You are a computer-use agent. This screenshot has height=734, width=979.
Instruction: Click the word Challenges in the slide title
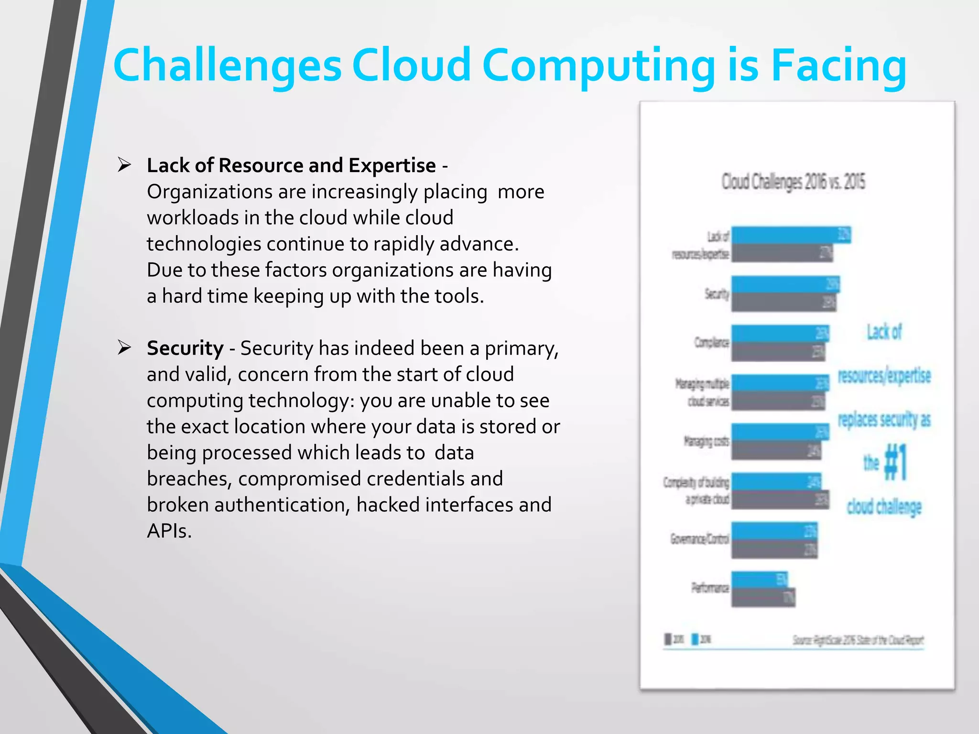pyautogui.click(x=228, y=65)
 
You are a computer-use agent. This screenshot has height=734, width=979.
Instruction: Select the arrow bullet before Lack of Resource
pyautogui.click(x=124, y=165)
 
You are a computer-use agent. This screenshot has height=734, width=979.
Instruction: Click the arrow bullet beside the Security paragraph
pyautogui.click(x=124, y=348)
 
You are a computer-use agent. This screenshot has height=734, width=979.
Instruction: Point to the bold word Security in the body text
pyautogui.click(x=185, y=348)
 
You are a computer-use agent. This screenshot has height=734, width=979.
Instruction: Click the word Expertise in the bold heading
pyautogui.click(x=392, y=166)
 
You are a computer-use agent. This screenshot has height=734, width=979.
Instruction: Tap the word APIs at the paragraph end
pyautogui.click(x=169, y=531)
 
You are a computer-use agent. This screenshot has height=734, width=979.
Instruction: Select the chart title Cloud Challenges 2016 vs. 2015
pyautogui.click(x=793, y=182)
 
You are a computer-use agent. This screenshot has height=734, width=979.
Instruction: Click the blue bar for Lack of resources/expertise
pyautogui.click(x=791, y=235)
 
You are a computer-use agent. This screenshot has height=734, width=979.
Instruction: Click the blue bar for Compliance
pyautogui.click(x=780, y=334)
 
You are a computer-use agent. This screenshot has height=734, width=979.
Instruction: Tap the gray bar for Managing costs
pyautogui.click(x=776, y=450)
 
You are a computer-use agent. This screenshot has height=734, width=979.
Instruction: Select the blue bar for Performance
pyautogui.click(x=759, y=580)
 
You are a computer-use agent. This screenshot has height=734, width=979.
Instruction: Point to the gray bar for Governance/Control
pyautogui.click(x=774, y=549)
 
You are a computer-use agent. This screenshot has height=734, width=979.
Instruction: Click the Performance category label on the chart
pyautogui.click(x=710, y=587)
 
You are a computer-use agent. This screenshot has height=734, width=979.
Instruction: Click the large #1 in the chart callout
pyautogui.click(x=895, y=462)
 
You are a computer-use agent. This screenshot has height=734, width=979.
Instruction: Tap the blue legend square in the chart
pyautogui.click(x=695, y=639)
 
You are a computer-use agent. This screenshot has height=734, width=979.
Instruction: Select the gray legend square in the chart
pyautogui.click(x=668, y=639)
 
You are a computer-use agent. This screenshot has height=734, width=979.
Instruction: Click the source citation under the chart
pyautogui.click(x=858, y=640)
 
